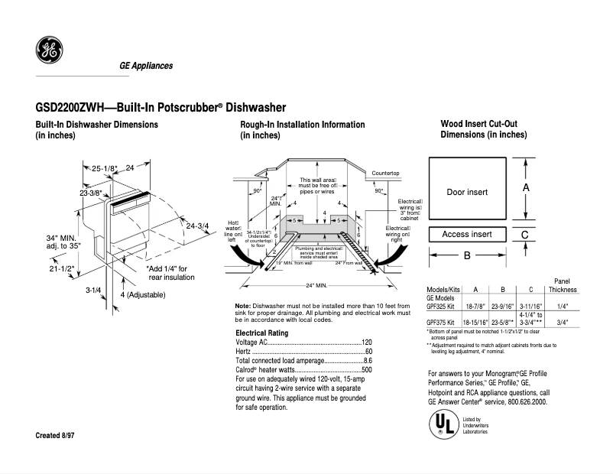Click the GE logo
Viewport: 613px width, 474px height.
[x=49, y=51]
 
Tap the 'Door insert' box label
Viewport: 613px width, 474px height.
[x=467, y=192]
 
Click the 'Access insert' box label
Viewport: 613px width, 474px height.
[x=467, y=234]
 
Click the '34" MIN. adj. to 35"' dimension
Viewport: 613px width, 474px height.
[x=63, y=242]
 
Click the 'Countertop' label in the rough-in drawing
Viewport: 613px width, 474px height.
[x=386, y=174]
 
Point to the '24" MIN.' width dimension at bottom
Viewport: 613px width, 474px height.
[x=316, y=285]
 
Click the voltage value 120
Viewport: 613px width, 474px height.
[x=366, y=342]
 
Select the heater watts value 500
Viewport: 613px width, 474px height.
[x=366, y=369]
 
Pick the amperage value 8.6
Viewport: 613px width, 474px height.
[x=367, y=360]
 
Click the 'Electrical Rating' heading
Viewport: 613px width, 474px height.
[x=261, y=333]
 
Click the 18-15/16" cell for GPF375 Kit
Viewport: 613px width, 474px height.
[x=475, y=323]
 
